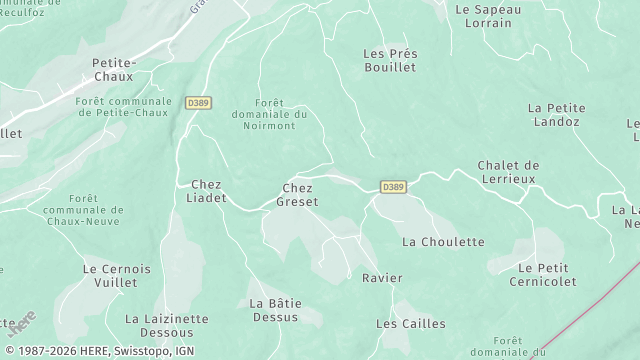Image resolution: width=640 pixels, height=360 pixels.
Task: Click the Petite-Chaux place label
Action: (113, 69)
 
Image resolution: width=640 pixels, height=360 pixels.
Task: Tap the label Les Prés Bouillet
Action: (389, 60)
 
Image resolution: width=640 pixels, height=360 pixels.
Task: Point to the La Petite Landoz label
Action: (553, 115)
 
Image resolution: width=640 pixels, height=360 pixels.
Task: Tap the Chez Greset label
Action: (299, 194)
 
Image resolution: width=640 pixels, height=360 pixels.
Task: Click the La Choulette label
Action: (443, 242)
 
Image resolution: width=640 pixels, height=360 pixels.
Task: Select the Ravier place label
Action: (382, 277)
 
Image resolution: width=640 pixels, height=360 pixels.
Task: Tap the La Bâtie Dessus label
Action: (273, 310)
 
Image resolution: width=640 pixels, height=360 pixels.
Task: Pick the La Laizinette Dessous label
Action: (166, 326)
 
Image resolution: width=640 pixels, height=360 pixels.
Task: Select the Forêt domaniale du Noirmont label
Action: (283, 115)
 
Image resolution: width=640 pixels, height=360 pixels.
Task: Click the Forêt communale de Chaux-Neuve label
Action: (84, 210)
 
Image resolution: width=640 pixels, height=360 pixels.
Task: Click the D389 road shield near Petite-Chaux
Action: (198, 102)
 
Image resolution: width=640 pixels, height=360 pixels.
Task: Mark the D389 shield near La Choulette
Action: (393, 187)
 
